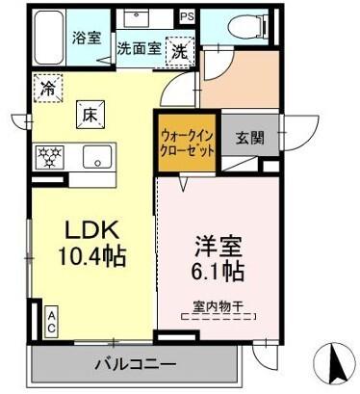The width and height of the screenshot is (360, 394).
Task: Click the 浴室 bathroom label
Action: point(86,38)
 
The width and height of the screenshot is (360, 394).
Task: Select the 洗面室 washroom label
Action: point(139,46)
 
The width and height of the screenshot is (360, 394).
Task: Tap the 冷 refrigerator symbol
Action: point(48,89)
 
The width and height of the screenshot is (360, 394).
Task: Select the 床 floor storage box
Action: point(89,116)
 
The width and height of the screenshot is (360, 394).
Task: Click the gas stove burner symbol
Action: point(48,156)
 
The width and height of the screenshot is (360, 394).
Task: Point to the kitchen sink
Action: point(95,156)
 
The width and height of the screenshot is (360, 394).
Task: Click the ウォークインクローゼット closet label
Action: point(187,144)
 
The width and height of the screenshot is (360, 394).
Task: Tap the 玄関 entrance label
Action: point(251,137)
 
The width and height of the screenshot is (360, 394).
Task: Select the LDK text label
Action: point(90,231)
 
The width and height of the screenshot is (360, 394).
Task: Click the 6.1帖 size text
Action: point(218,273)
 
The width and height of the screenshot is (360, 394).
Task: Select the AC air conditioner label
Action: point(50,321)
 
